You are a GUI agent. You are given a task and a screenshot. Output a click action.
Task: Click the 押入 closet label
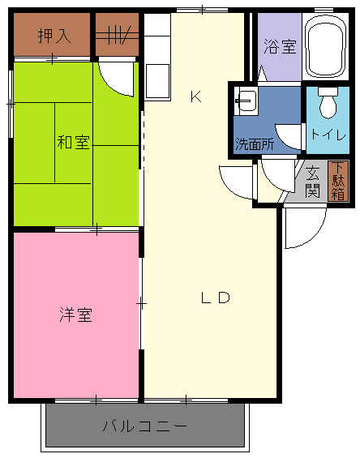pos(54,36)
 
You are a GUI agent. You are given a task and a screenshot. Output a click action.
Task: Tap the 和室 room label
pos(73,142)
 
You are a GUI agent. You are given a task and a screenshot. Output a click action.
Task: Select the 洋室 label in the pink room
pos(75,315)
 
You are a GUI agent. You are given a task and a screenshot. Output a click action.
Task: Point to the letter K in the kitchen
pos(196,96)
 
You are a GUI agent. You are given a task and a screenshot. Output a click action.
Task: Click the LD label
pos(216,297)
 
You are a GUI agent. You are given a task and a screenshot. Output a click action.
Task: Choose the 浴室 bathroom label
pos(281,46)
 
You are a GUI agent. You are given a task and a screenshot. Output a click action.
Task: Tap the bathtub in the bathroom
pos(326,46)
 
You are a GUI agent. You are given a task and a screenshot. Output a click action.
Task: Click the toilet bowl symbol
pos(328,102)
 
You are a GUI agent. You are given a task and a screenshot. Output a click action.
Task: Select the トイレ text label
pos(328,135)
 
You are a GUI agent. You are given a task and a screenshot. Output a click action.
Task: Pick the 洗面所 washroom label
pos(255,144)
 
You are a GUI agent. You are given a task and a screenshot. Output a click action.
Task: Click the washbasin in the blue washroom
pos(247,101)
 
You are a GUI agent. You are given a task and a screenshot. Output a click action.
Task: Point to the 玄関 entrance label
pos(312,182)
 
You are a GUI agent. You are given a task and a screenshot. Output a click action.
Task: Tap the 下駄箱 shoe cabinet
pos(338,181)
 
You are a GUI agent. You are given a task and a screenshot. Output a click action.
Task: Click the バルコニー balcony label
pos(144,426)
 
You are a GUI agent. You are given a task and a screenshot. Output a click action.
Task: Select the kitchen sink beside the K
pos(158,81)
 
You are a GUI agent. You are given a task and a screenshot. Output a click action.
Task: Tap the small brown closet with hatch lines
pos(117,35)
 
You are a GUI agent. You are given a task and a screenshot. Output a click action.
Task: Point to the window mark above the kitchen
pos(202,11)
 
